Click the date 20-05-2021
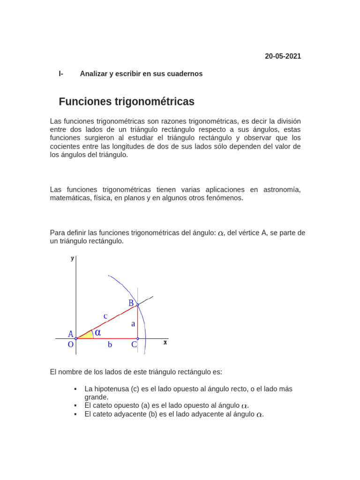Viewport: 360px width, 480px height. (283, 56)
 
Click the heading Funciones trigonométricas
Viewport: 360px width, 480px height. (127, 102)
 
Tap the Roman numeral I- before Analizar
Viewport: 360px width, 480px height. (61, 74)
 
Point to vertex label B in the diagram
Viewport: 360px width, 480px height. (131, 303)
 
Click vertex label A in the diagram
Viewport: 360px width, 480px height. (71, 334)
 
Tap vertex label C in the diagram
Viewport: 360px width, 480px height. (134, 345)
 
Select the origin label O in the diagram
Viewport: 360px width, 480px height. (71, 345)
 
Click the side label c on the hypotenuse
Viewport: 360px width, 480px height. (105, 316)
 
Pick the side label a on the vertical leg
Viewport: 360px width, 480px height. (133, 324)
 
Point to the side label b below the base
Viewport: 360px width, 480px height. (110, 345)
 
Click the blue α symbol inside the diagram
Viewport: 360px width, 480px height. (98, 332)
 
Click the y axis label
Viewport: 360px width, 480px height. (72, 258)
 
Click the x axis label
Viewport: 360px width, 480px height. (165, 343)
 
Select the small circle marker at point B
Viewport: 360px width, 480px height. (137, 305)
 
